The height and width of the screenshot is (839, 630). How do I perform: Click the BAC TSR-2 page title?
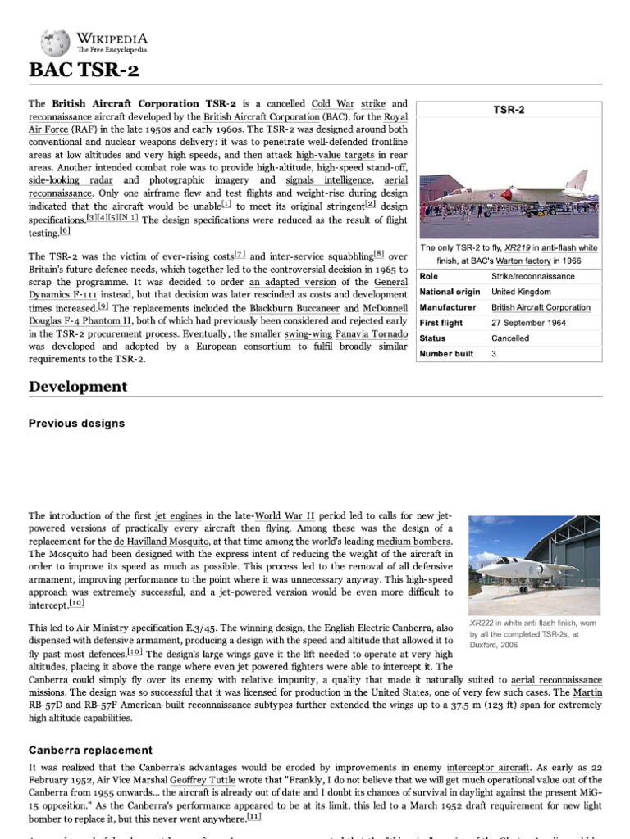(x=84, y=70)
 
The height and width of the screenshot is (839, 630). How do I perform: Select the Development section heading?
(x=78, y=386)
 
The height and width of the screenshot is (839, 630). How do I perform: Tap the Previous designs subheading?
(x=76, y=424)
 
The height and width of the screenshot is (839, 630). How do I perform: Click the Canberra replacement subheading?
(x=90, y=750)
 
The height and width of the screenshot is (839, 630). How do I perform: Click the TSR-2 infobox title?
(x=509, y=109)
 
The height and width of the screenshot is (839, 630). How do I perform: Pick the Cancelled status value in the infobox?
(x=510, y=338)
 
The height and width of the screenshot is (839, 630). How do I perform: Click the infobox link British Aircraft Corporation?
(x=541, y=307)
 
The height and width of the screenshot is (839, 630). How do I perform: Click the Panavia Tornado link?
(x=367, y=334)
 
